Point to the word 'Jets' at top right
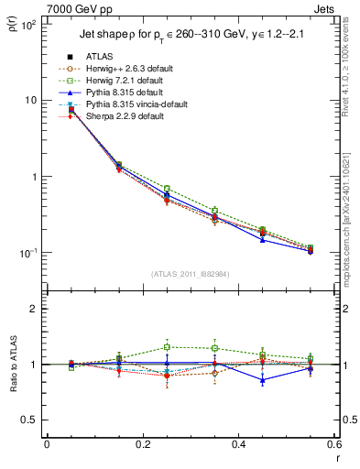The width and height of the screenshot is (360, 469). (x=323, y=8)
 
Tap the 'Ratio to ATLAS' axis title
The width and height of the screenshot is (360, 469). (x=14, y=365)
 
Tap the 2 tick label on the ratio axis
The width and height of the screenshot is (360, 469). (x=33, y=309)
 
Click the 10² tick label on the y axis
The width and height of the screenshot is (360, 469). (x=27, y=25)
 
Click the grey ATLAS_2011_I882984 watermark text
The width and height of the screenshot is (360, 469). (x=191, y=274)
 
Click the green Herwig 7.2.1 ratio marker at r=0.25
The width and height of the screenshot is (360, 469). (x=167, y=347)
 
